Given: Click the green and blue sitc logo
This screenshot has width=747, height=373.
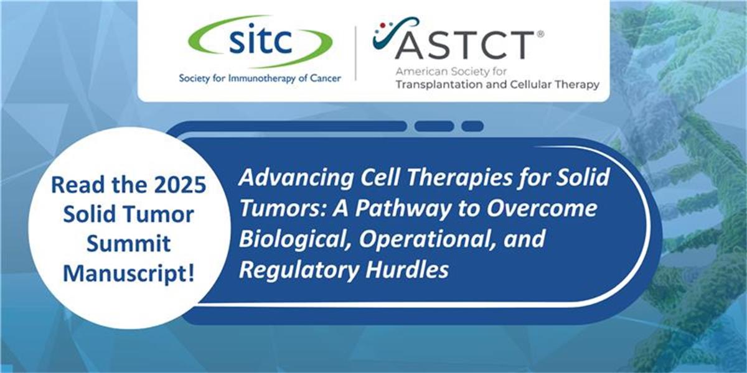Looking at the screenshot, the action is pos(260,41).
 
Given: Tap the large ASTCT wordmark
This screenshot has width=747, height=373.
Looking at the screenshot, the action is pos(464,45).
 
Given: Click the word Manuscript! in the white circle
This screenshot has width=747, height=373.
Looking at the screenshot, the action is pos(129,274).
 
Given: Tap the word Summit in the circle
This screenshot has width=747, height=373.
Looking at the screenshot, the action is pos(129,244).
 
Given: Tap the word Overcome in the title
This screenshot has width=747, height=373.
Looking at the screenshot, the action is pos(542,208).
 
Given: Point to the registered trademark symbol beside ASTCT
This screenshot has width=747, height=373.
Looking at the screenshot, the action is pos(540,34).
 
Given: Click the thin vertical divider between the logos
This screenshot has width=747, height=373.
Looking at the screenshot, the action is pos(355,53).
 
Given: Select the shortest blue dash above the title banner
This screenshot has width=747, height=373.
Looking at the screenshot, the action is pos(472,126).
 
